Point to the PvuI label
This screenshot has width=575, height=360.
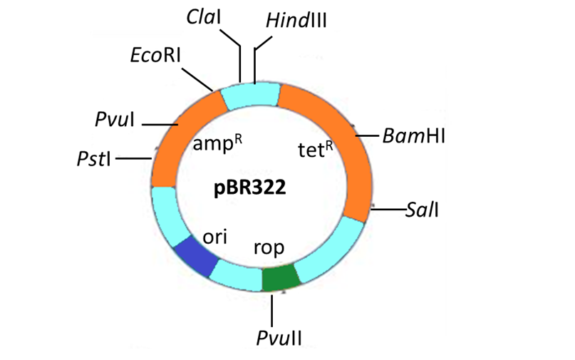(x=115, y=119)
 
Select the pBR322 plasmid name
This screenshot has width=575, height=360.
(x=245, y=189)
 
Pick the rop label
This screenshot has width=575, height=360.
(x=269, y=247)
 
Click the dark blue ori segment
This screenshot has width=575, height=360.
(x=195, y=256)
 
